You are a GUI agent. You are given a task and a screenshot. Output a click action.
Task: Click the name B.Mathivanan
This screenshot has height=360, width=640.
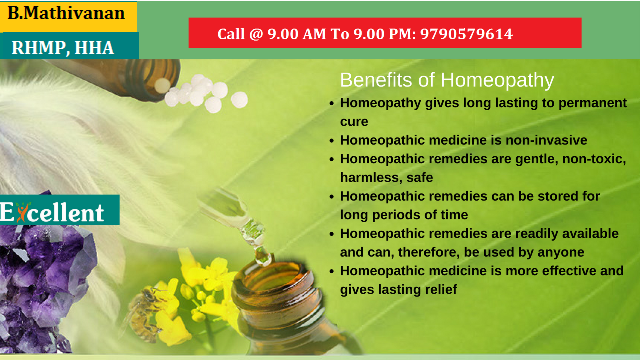click(66, 13)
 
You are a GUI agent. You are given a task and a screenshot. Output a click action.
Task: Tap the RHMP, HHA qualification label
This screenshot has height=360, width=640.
click(62, 48)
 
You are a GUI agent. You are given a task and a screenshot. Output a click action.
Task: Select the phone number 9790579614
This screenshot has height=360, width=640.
click(467, 34)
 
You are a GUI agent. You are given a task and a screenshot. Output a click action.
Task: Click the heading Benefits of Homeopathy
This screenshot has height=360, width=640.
click(447, 80)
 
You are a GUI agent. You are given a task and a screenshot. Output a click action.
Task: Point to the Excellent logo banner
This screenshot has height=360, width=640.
click(60, 210)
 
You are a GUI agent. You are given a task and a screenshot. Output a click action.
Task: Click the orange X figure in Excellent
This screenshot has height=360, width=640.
click(22, 212)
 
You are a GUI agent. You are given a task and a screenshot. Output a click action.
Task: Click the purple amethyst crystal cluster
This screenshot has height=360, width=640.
click(44, 282)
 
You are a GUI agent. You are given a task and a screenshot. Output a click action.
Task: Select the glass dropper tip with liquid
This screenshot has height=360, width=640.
click(262, 255)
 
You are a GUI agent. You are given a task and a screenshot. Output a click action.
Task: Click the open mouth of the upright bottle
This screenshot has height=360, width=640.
click(274, 278)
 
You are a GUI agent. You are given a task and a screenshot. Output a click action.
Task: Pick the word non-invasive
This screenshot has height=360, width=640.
click(546, 140)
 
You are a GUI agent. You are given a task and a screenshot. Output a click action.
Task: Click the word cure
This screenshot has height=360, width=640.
click(354, 122)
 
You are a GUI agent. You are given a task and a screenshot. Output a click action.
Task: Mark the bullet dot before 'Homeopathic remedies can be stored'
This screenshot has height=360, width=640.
click(332, 197)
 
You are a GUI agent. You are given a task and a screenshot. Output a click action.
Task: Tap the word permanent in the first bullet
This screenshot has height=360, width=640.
click(592, 103)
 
